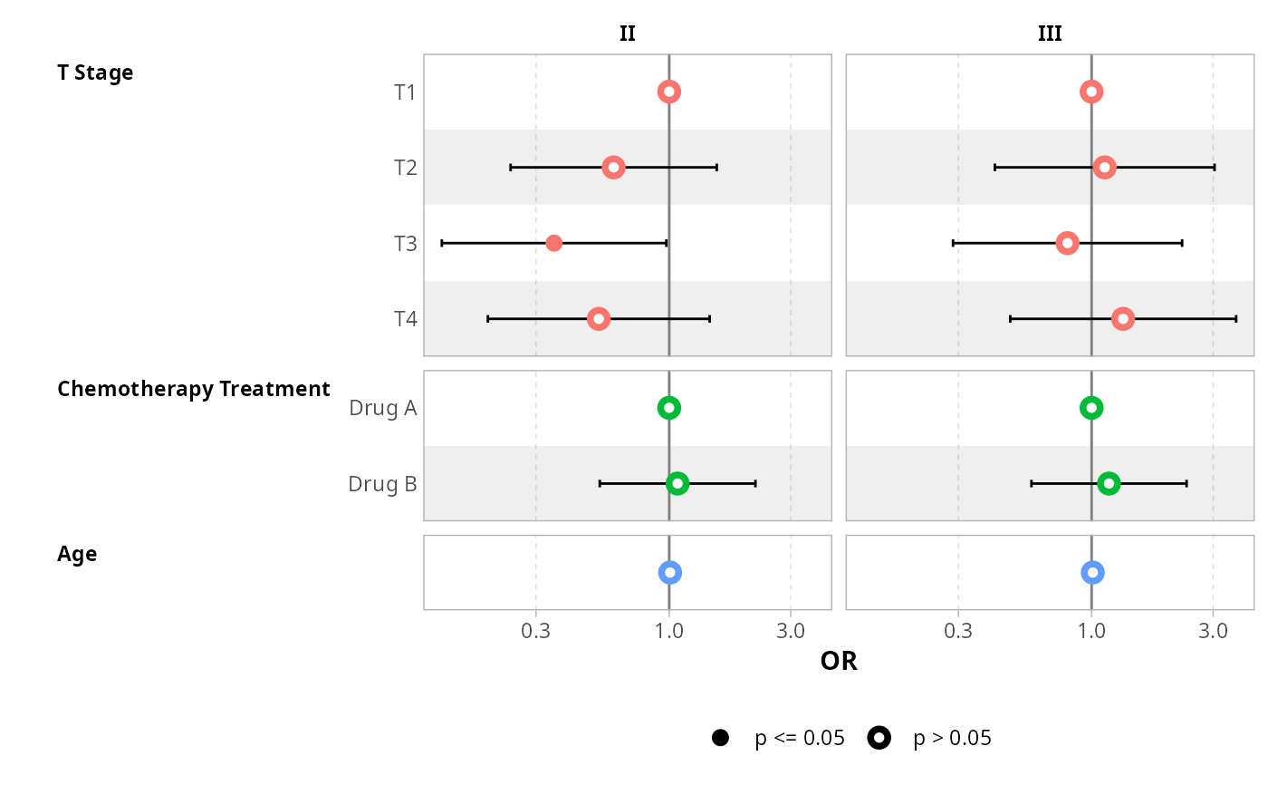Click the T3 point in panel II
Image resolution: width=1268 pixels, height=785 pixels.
coord(554,243)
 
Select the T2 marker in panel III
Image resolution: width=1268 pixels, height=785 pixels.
coord(1104,167)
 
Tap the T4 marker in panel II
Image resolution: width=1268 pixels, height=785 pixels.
coord(598,319)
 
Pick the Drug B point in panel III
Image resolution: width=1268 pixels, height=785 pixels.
coord(1109,484)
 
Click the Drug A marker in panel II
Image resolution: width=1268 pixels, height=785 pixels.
coord(669,408)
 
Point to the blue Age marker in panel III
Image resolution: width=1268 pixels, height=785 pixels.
coord(1092,572)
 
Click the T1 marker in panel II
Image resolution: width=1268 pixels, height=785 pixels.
coord(669,92)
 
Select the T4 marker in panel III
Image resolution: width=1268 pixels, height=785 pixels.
coord(1123,319)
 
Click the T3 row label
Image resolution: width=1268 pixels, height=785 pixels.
coord(405,244)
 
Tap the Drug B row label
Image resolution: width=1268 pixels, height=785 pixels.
coord(382,484)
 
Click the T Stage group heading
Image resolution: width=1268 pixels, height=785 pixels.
coord(95,73)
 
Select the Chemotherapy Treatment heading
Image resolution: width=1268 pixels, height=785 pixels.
coord(193,389)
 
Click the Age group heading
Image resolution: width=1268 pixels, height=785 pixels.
coord(77,554)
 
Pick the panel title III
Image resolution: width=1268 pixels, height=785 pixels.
coord(1050,34)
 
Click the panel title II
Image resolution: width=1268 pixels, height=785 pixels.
coord(627,34)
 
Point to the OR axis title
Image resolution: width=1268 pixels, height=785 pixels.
coord(839,662)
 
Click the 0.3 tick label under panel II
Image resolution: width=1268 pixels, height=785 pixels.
coord(535,631)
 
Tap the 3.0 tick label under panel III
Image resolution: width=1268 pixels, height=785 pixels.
coord(1213,631)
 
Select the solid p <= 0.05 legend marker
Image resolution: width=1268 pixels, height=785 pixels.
coord(721,738)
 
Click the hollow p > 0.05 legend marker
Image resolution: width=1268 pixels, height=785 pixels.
coord(879,738)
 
